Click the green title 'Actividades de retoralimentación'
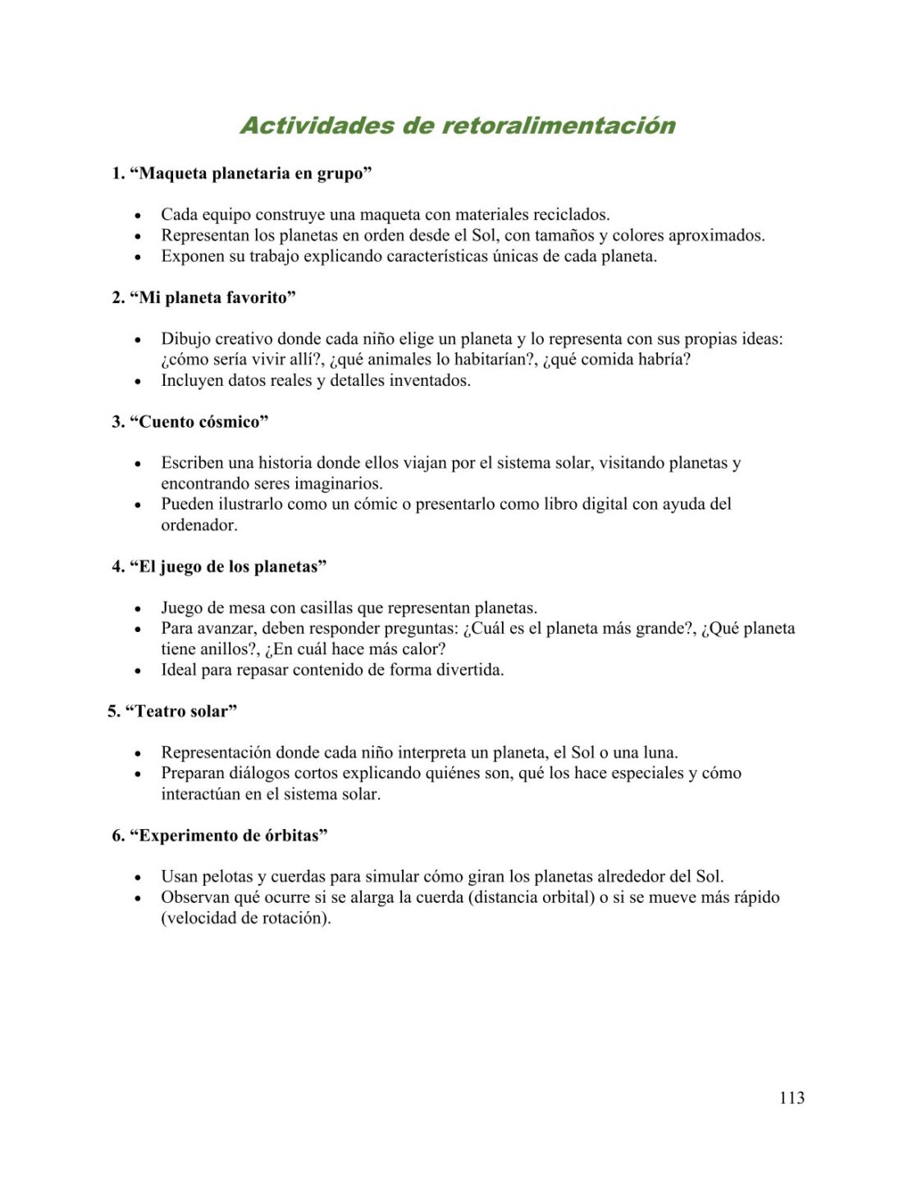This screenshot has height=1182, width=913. [x=458, y=126]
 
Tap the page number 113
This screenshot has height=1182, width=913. [x=792, y=1097]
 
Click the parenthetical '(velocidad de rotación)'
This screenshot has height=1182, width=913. [x=246, y=919]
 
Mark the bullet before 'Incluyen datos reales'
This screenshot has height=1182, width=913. [x=138, y=382]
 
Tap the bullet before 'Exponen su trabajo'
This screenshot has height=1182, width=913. [x=138, y=258]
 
